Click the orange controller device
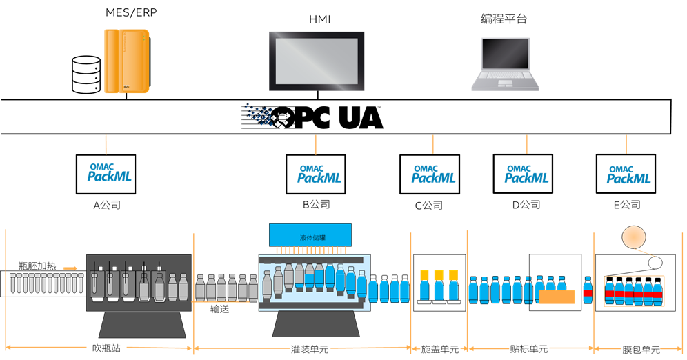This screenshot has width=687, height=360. [126, 61]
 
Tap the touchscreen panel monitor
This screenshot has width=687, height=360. [317, 61]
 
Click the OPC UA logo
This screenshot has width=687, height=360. [312, 117]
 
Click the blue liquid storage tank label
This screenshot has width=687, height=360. [311, 237]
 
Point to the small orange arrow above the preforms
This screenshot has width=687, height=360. [70, 268]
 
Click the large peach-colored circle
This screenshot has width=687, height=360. [635, 237]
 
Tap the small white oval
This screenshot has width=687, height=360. [655, 262]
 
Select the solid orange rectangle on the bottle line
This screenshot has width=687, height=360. [557, 297]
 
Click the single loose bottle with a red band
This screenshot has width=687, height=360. [588, 291]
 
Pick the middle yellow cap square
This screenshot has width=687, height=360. [439, 274]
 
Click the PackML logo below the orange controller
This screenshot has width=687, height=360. [109, 172]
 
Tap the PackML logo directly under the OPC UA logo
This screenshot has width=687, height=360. [319, 174]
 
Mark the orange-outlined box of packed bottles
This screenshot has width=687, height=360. [634, 291]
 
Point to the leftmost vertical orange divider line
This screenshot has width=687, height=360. [6, 290]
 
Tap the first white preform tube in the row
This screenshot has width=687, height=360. [13, 283]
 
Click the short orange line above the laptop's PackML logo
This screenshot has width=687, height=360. [527, 143]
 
